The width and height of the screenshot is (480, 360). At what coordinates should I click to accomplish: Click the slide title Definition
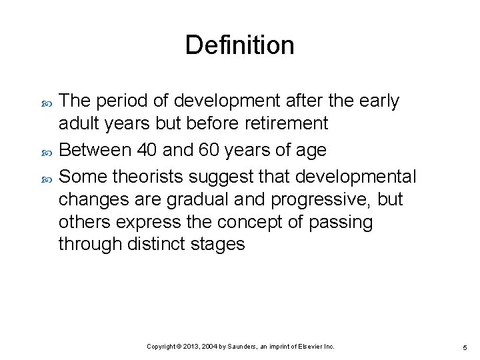(239, 45)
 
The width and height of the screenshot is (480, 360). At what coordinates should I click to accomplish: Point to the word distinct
(155, 245)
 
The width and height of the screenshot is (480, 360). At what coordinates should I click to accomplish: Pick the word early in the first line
(378, 101)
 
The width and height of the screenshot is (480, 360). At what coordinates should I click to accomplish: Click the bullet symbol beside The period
(46, 102)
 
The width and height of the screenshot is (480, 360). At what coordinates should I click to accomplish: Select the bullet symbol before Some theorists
(46, 177)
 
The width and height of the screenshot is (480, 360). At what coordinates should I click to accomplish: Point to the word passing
(340, 222)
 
